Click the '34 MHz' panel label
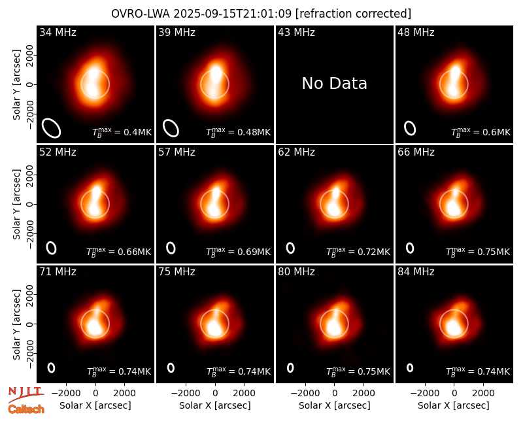(58, 32)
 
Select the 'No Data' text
(334, 83)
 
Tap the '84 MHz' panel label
(416, 272)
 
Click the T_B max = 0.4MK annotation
(122, 132)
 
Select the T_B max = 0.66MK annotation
(119, 252)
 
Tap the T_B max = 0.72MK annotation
(358, 252)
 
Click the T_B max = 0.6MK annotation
(481, 132)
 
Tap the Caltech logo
(26, 409)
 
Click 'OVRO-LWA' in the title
(141, 14)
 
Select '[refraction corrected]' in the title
(354, 14)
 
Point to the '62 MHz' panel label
(297, 152)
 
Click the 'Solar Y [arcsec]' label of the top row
(16, 85)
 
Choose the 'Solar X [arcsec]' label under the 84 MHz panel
(454, 405)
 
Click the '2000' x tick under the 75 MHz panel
(244, 394)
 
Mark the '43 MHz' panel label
(297, 32)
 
